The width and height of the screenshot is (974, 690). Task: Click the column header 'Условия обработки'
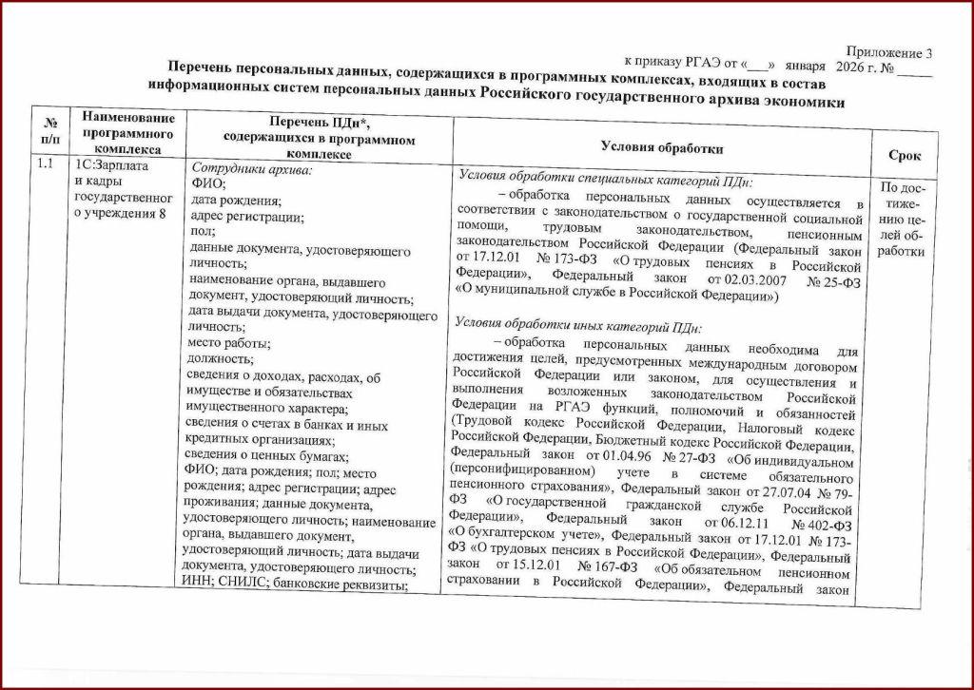[662, 147]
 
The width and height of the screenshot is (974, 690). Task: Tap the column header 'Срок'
[904, 155]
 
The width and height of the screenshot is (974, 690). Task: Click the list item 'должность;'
[222, 358]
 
